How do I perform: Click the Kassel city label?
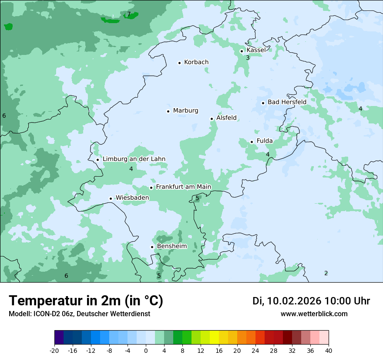click(256, 50)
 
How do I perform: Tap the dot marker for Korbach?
click(179, 63)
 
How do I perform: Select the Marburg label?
click(185, 111)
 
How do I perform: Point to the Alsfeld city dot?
click(212, 119)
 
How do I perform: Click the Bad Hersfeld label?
click(287, 102)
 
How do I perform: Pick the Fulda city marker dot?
click(252, 142)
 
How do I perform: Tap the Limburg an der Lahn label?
click(134, 159)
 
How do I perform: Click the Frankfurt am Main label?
click(183, 187)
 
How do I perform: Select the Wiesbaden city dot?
click(111, 199)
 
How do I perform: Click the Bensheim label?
click(171, 246)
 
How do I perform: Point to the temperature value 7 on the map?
click(129, 14)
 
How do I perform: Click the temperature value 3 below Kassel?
click(248, 58)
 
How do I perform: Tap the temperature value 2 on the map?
click(326, 273)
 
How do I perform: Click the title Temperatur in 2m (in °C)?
click(86, 301)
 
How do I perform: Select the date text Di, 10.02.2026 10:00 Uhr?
click(311, 301)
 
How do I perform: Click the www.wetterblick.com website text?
click(314, 314)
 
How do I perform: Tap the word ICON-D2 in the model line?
click(45, 314)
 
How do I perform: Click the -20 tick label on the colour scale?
click(54, 351)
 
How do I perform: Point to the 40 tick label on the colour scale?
click(329, 351)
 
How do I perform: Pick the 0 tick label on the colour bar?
click(146, 351)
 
